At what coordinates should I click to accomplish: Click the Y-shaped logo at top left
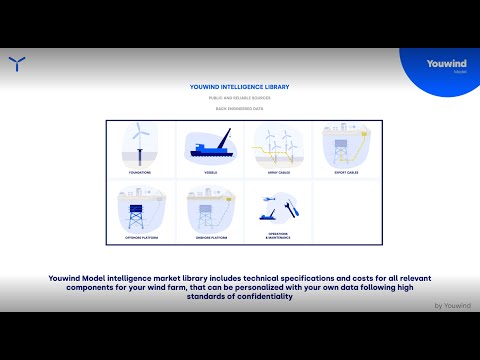[x=17, y=66]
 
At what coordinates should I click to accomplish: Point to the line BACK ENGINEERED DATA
[x=239, y=109]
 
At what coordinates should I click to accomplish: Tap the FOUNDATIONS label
[x=140, y=172]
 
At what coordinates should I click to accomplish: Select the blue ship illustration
[x=209, y=150]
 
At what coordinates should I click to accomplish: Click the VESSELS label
[x=209, y=172]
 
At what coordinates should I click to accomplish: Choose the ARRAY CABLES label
[x=278, y=172]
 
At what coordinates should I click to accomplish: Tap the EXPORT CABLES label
[x=346, y=172]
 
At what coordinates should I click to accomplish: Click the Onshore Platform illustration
[x=207, y=211]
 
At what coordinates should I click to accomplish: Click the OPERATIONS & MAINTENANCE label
[x=278, y=234]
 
